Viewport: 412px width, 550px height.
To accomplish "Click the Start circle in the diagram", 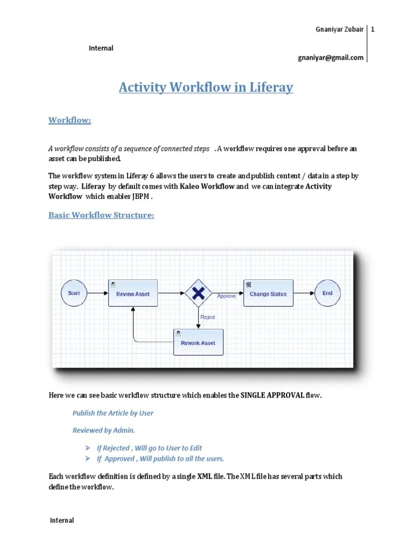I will [74, 293].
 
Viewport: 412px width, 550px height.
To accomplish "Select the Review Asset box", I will [133, 293].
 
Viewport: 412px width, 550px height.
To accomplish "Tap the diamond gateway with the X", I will [198, 293].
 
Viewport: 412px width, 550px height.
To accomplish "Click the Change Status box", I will [268, 293].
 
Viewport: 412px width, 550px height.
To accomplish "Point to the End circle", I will [327, 293].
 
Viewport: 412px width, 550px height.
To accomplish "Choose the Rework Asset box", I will [198, 342].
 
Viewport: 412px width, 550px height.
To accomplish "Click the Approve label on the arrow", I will [226, 296].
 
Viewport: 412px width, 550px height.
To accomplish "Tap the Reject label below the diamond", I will [208, 317].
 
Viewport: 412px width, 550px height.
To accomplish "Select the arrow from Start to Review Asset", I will [97, 293].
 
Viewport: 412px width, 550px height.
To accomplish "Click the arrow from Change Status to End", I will [304, 293].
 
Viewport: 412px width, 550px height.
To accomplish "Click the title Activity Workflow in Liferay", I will [206, 87].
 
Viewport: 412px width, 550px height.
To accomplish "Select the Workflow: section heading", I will [70, 120].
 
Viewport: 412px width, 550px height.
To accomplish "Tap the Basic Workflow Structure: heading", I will [101, 215].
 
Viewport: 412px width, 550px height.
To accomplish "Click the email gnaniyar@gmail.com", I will [330, 57].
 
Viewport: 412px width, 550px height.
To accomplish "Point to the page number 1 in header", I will [372, 30].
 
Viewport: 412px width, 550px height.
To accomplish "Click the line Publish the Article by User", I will [113, 413].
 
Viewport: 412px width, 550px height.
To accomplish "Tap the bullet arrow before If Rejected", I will [87, 448].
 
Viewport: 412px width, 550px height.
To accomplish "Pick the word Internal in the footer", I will [62, 520].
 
